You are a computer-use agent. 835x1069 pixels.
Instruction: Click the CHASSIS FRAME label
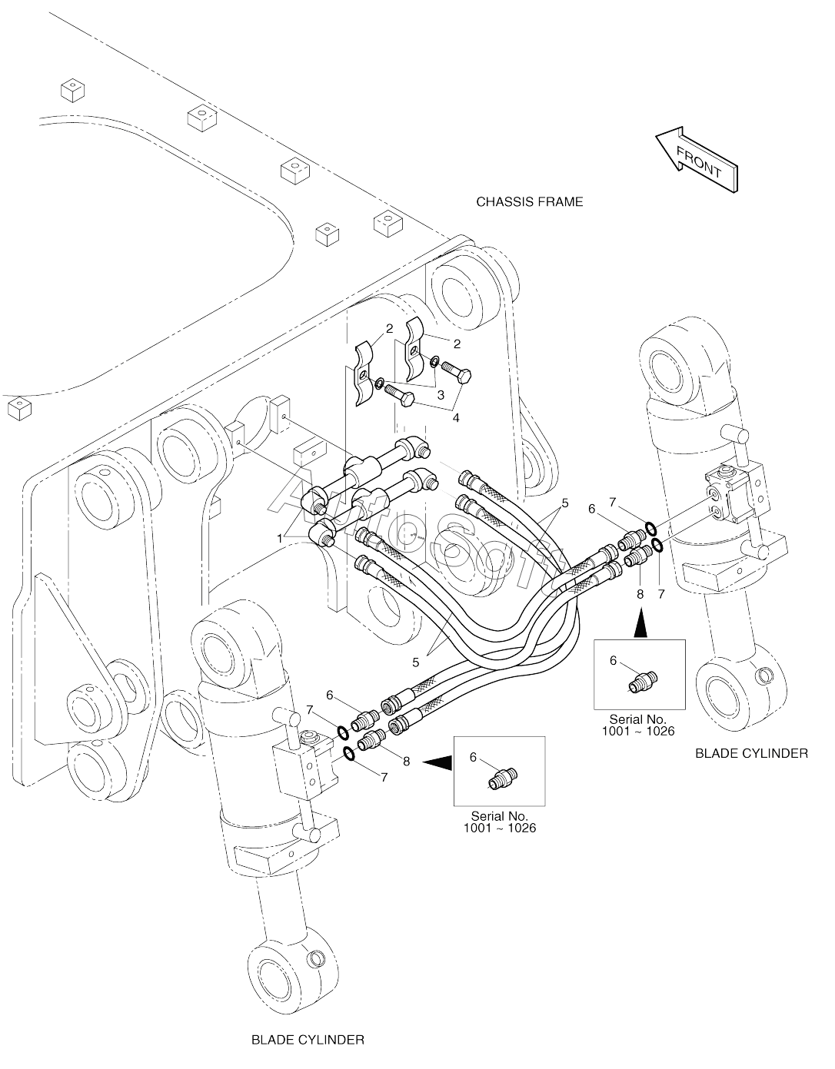530,201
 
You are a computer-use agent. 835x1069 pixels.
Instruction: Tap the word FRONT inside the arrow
699,162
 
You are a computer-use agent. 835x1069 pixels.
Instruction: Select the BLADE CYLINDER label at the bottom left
308,1040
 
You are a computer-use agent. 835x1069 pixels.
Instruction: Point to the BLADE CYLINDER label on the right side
751,753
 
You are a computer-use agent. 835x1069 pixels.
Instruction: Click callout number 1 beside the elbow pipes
279,539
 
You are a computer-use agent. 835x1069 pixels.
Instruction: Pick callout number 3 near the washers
441,394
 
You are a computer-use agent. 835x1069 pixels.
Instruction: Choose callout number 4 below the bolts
456,417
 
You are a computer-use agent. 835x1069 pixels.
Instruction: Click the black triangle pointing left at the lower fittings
437,762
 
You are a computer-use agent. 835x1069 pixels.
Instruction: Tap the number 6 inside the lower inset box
473,757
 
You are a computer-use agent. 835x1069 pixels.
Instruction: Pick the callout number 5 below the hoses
416,662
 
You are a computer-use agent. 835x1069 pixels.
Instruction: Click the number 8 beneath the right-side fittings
640,594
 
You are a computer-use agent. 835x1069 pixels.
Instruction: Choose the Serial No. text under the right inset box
638,719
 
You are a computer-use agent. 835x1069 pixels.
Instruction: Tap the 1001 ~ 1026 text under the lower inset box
500,828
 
